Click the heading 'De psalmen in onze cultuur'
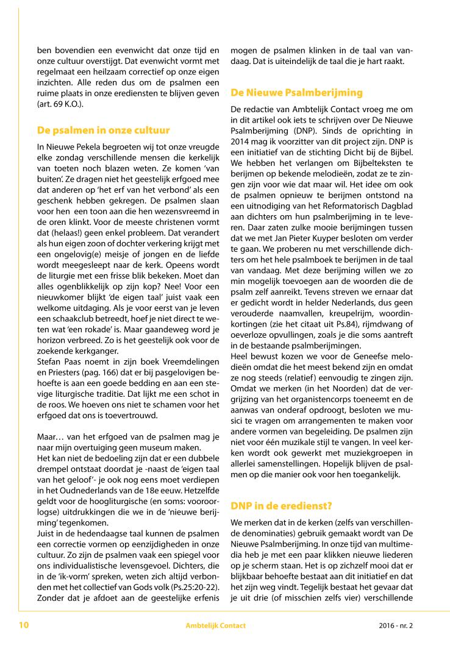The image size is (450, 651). pos(103,130)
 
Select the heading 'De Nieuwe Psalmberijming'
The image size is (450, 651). pos(296,93)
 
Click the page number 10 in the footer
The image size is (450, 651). pos(24,625)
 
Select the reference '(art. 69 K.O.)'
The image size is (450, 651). pos(60,104)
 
